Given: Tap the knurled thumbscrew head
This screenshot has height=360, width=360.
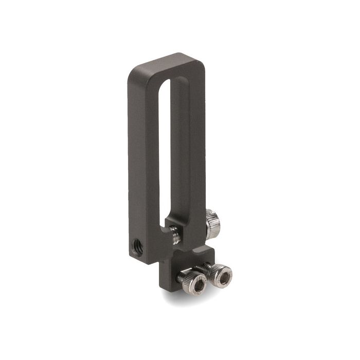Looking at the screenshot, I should pyautogui.click(x=212, y=224).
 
